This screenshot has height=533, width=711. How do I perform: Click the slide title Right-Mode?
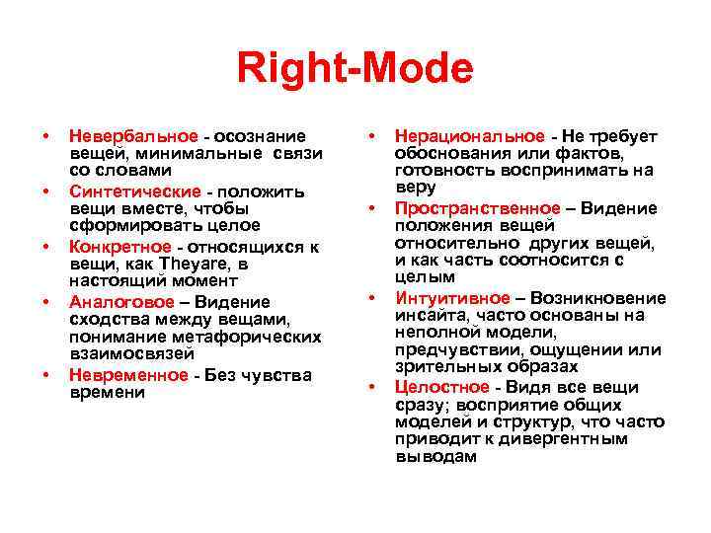coord(355,70)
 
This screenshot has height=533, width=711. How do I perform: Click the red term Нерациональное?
coord(469,136)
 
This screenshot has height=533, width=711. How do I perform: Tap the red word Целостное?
coord(441,387)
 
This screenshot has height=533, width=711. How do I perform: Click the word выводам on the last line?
coord(435,458)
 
